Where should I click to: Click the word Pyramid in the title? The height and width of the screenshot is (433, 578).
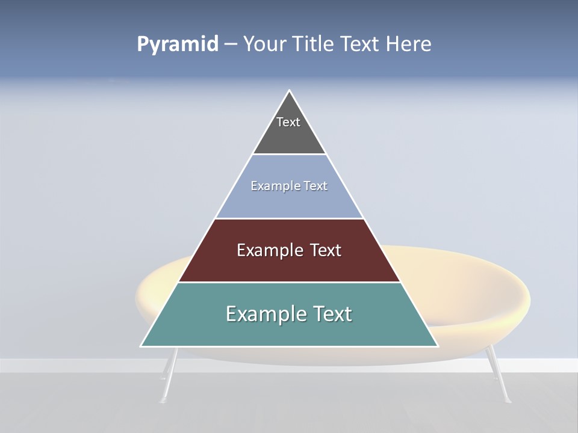[x=178, y=45]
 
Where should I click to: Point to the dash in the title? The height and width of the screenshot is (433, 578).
[x=231, y=45]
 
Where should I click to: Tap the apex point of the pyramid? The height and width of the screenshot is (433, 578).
[x=290, y=91]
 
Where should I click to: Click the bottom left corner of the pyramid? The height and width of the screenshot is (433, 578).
[x=141, y=346]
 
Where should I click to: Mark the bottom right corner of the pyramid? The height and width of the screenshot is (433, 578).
[x=437, y=346]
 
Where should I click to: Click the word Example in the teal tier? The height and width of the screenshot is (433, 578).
[x=261, y=314]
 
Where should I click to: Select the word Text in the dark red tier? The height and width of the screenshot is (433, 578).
[x=323, y=250]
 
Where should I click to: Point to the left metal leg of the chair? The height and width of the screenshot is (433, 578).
[x=169, y=376]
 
